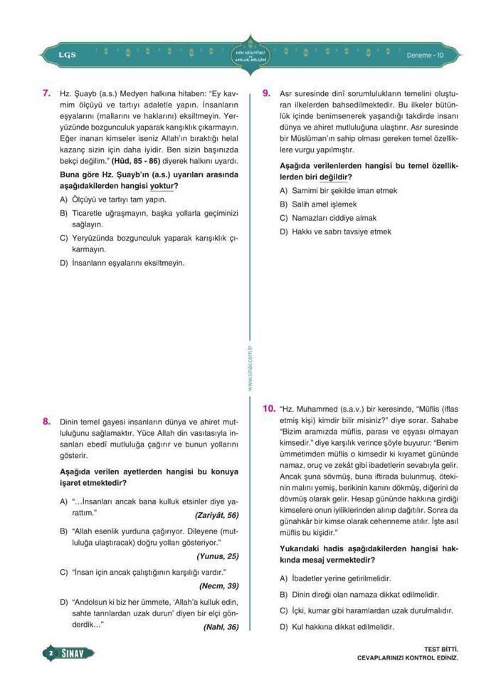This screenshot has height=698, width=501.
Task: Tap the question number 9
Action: coord(267,93)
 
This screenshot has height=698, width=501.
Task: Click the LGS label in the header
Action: coord(67,55)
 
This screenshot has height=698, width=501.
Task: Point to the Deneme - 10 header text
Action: coord(425,55)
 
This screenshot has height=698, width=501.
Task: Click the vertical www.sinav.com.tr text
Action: coord(250,368)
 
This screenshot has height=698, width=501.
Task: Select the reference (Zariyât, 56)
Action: coord(216,515)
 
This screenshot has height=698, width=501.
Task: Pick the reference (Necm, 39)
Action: coord(218,585)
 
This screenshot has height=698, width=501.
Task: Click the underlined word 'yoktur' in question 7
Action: coord(162,185)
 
